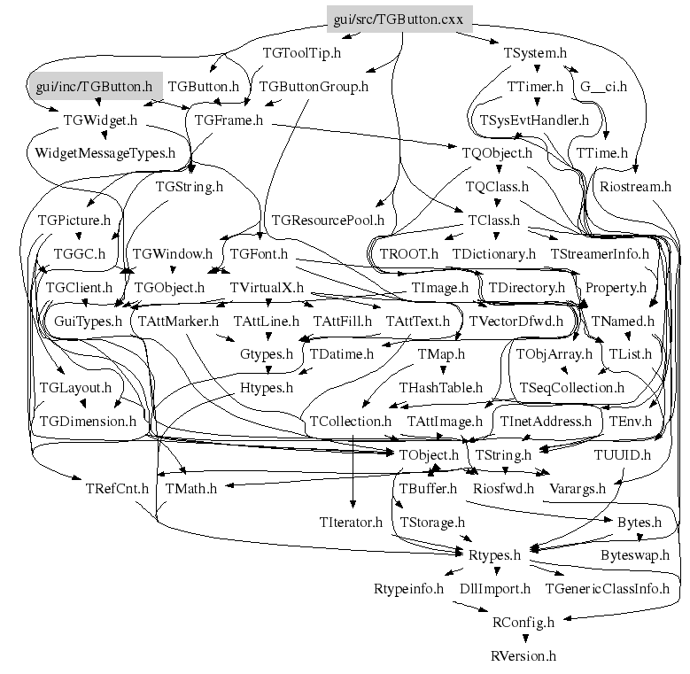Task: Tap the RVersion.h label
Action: coord(523,656)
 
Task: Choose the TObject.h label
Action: coord(424,455)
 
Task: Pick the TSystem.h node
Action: coord(535,52)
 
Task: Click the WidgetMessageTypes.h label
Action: coord(105,152)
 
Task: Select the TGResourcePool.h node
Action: coord(328,220)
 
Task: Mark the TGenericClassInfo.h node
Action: coord(607,588)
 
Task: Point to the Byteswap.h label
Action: coord(635,555)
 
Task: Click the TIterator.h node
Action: coord(350,522)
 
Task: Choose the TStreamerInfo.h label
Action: coord(600,253)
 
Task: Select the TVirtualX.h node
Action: coord(267,288)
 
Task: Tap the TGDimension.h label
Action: coord(88,422)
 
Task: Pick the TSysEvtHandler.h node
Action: coord(534,120)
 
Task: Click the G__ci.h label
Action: coord(603,86)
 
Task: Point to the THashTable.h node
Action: coord(440,388)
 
